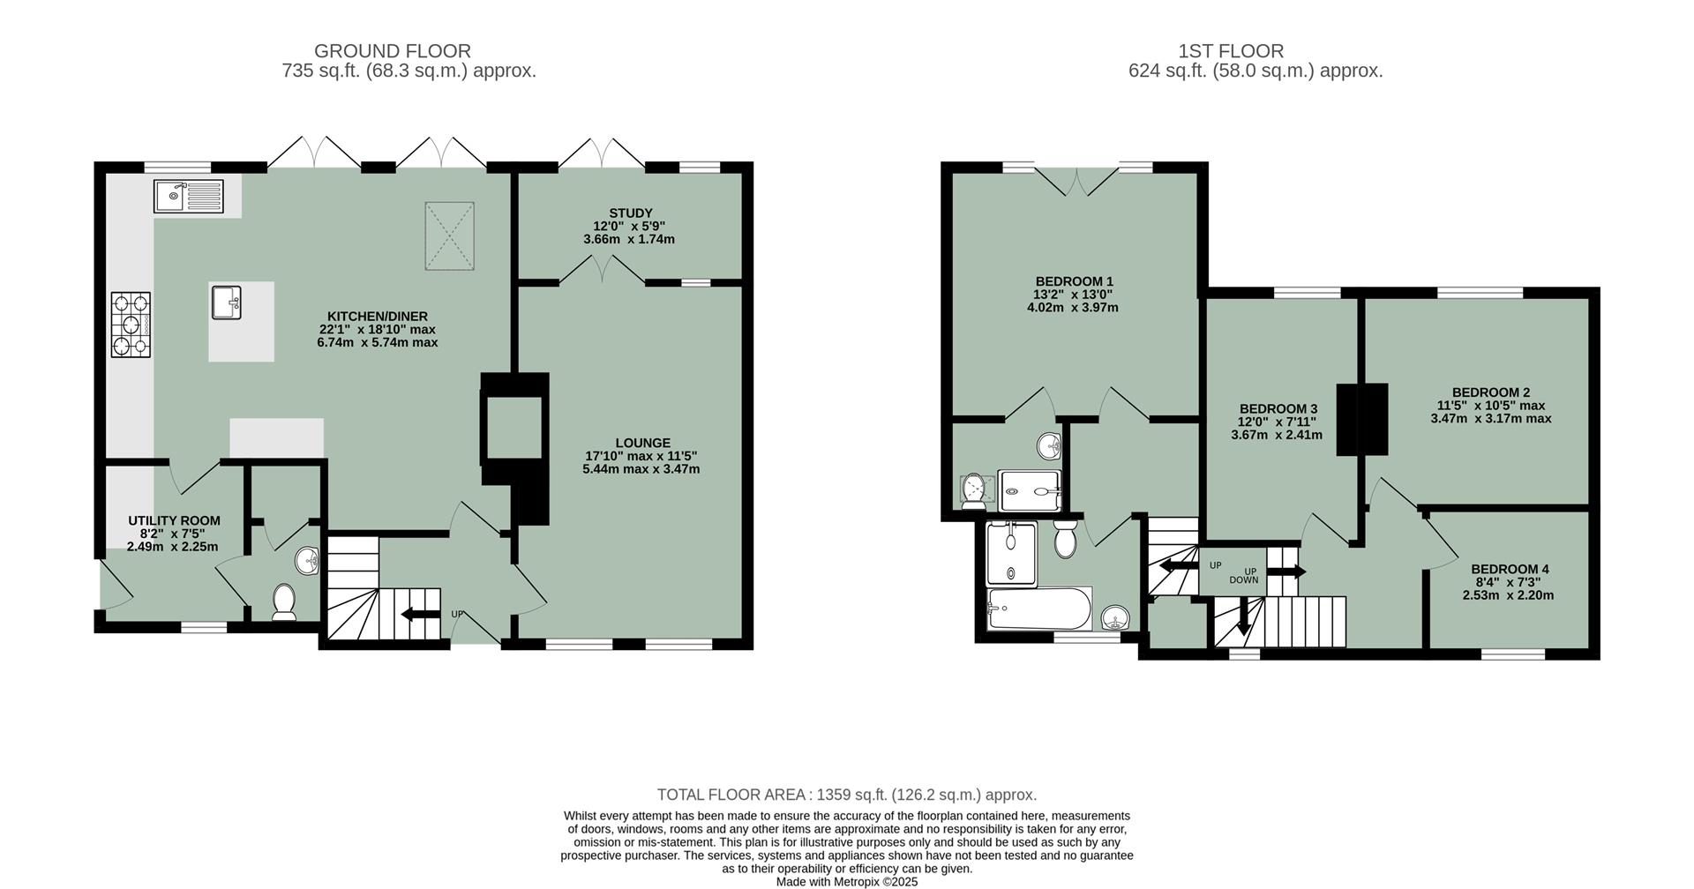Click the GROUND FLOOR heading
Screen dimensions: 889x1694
392,51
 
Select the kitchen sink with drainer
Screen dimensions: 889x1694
189,196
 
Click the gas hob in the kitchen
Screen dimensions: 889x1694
131,325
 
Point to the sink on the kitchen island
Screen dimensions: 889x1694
227,303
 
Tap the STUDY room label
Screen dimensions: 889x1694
630,213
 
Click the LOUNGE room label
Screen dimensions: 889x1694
643,443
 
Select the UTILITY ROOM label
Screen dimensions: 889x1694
174,520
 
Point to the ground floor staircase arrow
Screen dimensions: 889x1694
420,615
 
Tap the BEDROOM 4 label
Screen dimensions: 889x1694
1510,569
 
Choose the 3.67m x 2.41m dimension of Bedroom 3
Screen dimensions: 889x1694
1277,435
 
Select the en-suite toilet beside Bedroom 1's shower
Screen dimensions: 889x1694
973,489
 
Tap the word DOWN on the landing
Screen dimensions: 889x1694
1243,580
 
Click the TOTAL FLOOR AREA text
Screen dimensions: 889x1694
846,795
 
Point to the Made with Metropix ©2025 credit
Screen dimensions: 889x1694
846,881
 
